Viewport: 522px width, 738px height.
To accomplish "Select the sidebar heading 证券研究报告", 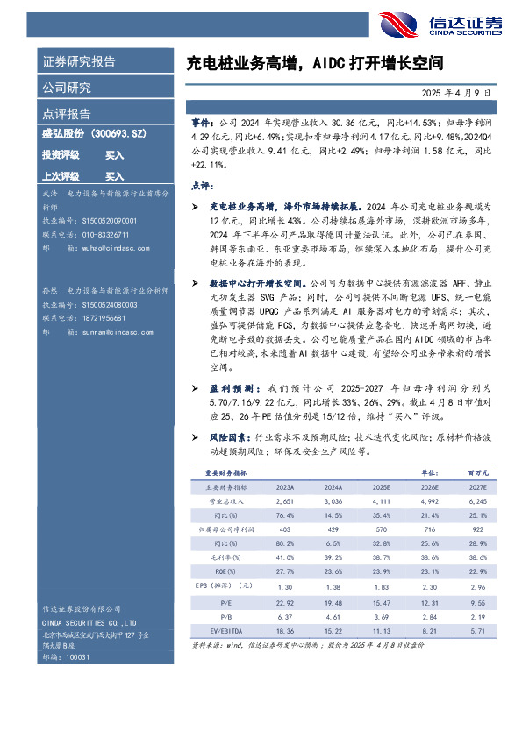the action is click(x=79, y=62).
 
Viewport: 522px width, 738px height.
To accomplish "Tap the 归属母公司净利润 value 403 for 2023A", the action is click(x=284, y=530).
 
